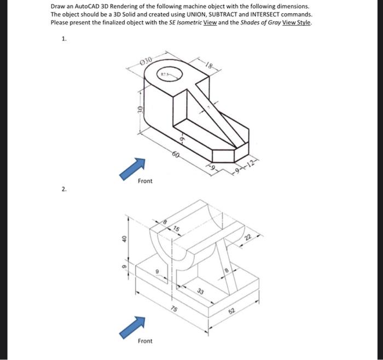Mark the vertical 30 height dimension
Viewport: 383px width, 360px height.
[140, 111]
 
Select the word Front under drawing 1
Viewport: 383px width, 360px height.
[145, 181]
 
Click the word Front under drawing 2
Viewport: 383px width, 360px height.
[145, 341]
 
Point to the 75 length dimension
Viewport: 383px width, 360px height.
[174, 309]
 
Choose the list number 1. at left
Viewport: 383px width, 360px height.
[64, 39]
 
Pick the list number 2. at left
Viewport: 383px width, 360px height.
[64, 189]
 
